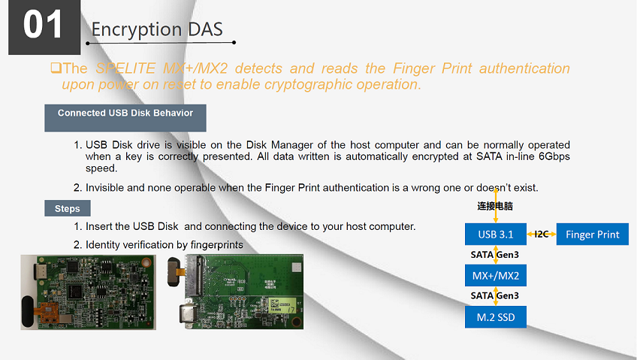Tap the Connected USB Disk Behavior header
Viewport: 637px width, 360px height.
point(125,118)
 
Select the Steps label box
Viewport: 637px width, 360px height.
point(68,208)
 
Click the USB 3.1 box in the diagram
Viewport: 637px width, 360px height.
point(496,234)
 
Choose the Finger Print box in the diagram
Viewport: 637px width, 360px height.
point(593,234)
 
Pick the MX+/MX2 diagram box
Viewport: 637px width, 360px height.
point(496,276)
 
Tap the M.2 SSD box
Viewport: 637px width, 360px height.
point(496,317)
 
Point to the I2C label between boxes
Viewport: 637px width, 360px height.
point(542,234)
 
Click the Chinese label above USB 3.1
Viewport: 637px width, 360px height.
point(495,206)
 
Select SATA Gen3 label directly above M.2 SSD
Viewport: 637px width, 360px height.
point(494,296)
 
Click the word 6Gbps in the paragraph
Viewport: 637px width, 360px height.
point(554,156)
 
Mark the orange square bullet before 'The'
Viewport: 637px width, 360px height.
point(56,68)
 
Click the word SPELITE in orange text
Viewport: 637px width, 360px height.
point(125,68)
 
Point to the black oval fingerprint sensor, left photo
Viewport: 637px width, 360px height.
point(28,311)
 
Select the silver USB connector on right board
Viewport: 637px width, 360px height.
point(187,316)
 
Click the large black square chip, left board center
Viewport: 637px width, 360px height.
point(76,292)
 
